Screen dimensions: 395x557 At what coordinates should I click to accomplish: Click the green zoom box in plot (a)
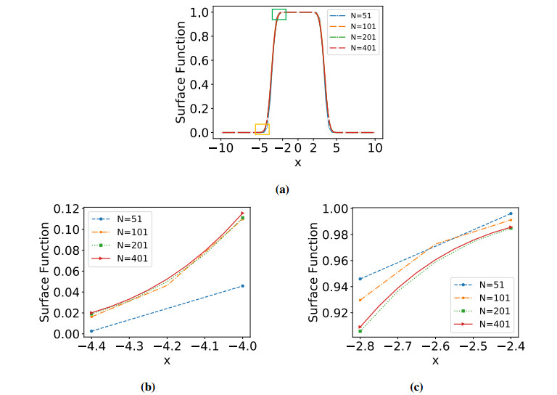tap(279, 14)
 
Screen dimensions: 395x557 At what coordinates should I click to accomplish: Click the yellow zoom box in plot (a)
tap(262, 129)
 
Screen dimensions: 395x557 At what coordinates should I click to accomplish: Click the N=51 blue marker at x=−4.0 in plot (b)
tap(242, 285)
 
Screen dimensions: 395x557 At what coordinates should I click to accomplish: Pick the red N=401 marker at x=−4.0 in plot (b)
tap(242, 213)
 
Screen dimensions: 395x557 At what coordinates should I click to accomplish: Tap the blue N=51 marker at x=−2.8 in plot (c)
tap(360, 279)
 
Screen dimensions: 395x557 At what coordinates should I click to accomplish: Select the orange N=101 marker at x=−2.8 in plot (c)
tap(360, 300)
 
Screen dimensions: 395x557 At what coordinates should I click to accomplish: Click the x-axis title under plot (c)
tap(436, 361)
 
